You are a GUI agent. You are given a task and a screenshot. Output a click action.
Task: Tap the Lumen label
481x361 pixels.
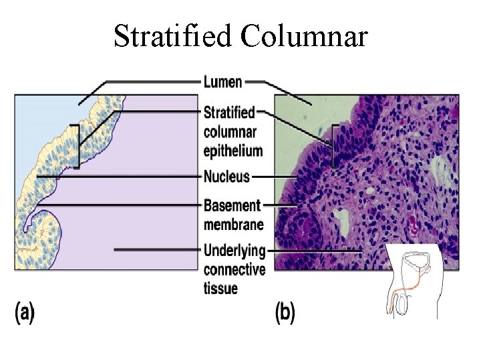coord(222,82)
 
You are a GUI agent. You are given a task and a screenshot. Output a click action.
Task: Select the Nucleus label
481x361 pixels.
coord(226,177)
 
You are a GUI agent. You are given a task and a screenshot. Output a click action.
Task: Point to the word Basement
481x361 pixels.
coord(231,205)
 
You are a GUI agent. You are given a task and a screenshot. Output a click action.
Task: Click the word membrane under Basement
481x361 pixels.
coord(233,224)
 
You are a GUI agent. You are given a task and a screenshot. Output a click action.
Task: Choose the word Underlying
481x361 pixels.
coord(234,251)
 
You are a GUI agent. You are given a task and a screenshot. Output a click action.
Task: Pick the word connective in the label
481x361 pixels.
coord(234,270)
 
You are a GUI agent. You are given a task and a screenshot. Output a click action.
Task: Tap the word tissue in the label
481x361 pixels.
coord(220,289)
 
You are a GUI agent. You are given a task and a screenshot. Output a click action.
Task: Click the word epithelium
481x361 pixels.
coord(232,150)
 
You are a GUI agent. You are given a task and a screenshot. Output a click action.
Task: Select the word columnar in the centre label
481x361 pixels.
coord(230,132)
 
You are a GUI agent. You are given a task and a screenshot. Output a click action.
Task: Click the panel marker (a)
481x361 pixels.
coord(24,312)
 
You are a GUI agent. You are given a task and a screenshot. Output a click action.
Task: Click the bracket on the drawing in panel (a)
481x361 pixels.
coord(78,145)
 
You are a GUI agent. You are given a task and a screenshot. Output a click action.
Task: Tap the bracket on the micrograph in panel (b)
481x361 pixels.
coord(333,146)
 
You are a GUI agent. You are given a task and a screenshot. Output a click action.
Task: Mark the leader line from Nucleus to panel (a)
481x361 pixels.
coord(120,177)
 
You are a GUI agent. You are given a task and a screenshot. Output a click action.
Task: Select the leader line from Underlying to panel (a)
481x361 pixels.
coord(157,250)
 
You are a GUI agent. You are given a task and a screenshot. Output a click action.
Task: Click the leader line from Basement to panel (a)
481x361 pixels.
coord(127,205)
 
